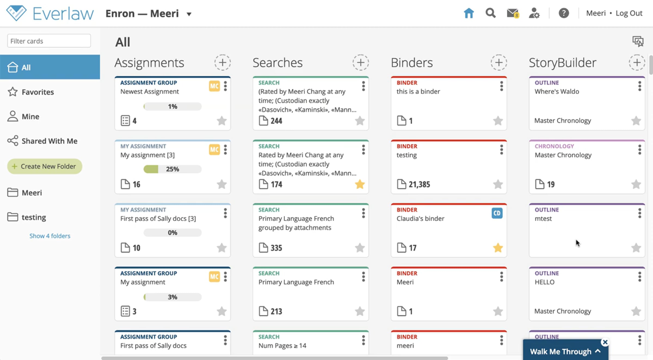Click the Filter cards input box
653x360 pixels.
[x=49, y=41]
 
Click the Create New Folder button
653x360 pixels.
[x=45, y=166]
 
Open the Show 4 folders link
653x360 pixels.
[x=50, y=236]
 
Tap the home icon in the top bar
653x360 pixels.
[x=469, y=13]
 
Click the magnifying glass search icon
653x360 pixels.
[x=491, y=13]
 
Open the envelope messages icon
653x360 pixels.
[x=513, y=13]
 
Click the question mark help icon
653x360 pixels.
[x=564, y=13]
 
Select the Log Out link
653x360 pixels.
[x=629, y=13]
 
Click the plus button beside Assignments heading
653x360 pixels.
[x=223, y=63]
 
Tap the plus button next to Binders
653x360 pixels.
[x=499, y=63]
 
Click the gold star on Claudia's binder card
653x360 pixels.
[x=498, y=248]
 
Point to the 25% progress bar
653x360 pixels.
[x=173, y=169]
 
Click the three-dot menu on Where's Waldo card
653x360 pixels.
[x=640, y=86]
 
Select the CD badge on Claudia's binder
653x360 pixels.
[x=497, y=213]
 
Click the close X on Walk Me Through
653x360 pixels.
[x=605, y=342]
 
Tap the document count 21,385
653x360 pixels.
[x=419, y=184]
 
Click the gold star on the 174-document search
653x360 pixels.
[x=360, y=184]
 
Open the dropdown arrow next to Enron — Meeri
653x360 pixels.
[x=189, y=14]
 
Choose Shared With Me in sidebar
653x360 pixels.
[x=42, y=141]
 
